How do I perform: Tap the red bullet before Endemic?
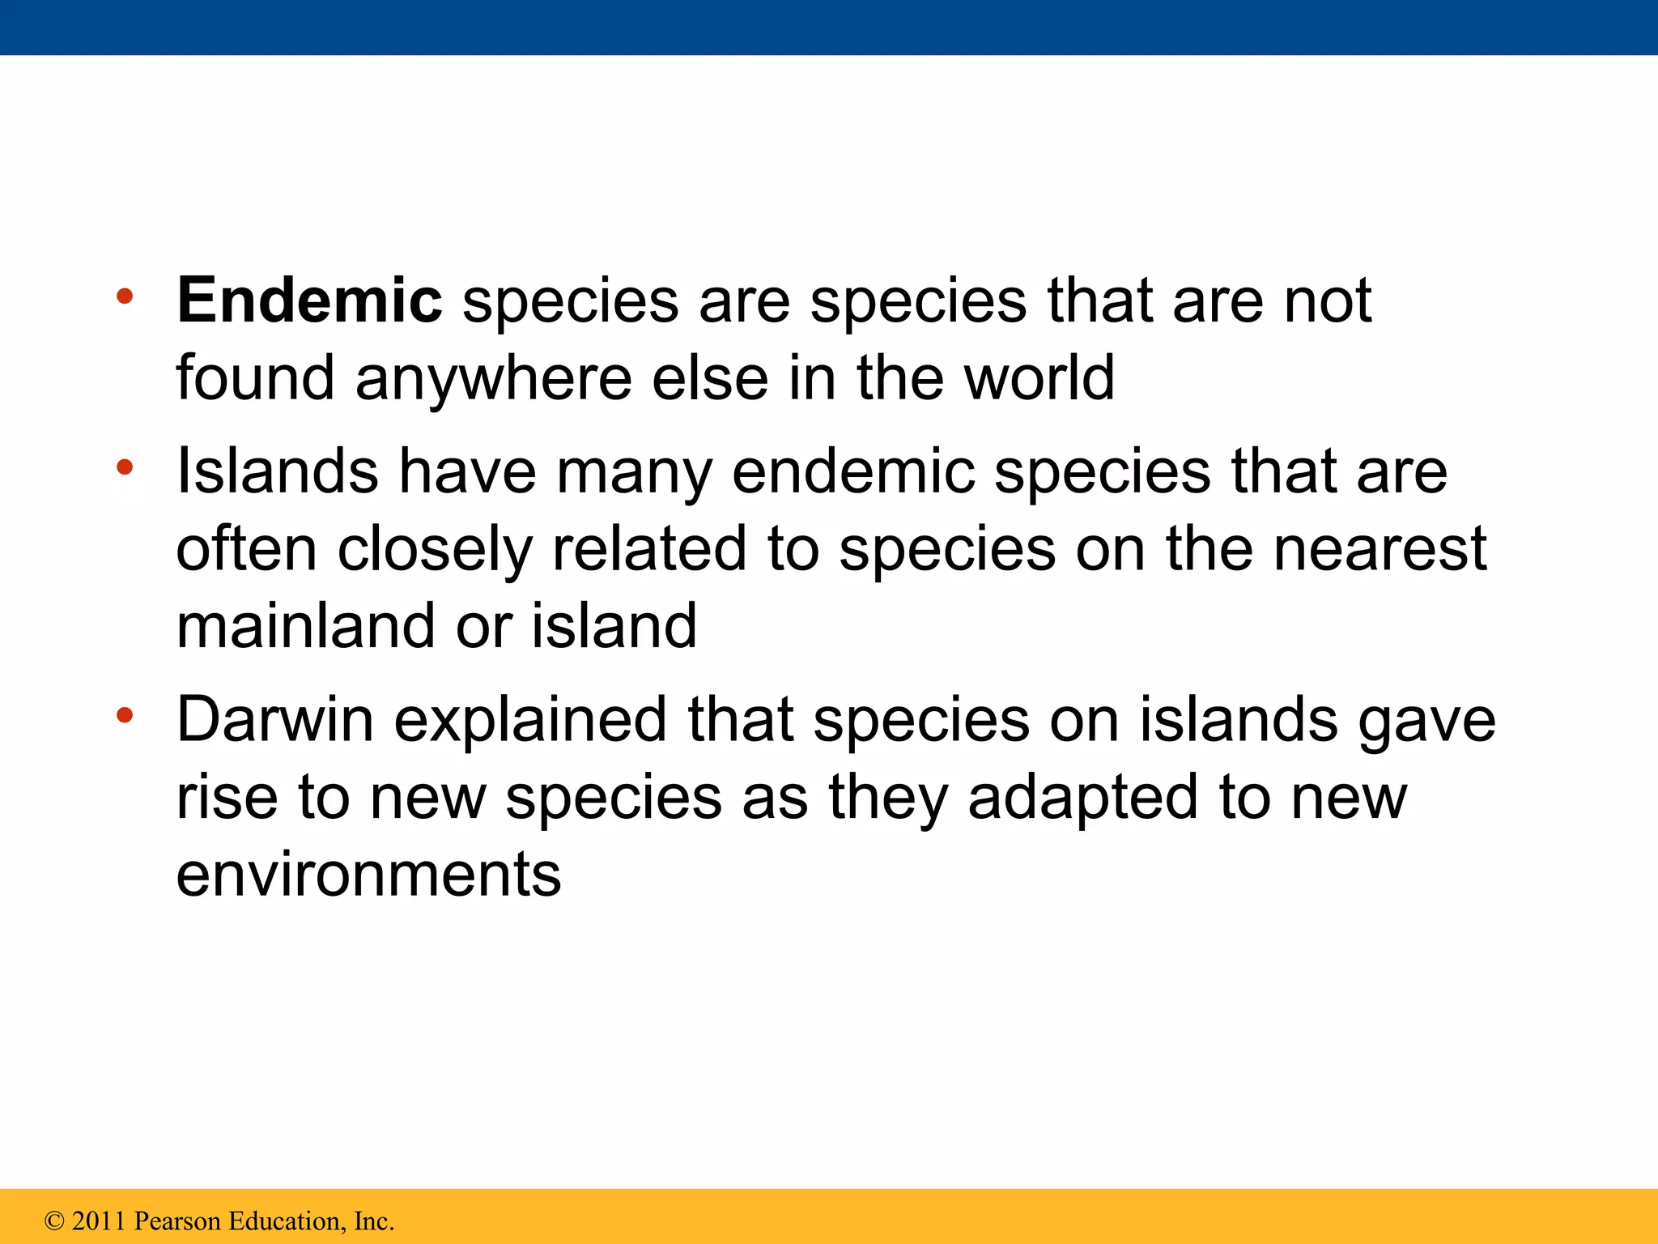tap(124, 296)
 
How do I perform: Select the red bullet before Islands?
tap(124, 467)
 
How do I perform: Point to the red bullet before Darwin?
tap(124, 715)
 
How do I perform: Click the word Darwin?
tap(274, 719)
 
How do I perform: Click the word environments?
tap(368, 875)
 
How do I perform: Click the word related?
tap(648, 549)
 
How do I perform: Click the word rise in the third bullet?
tap(227, 797)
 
